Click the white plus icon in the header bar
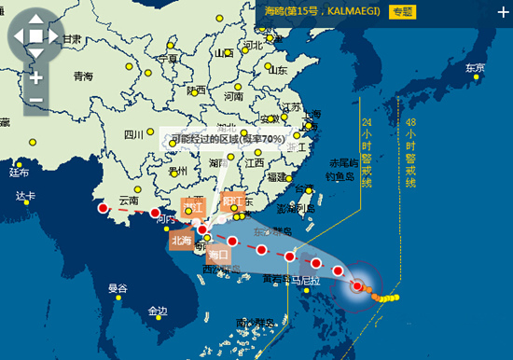503,12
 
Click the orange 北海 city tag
181,239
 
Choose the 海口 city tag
219,253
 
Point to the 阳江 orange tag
232,201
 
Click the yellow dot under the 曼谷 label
118,298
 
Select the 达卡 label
25,196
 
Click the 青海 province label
85,76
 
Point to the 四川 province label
133,134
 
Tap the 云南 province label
129,201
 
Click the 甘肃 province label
72,38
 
